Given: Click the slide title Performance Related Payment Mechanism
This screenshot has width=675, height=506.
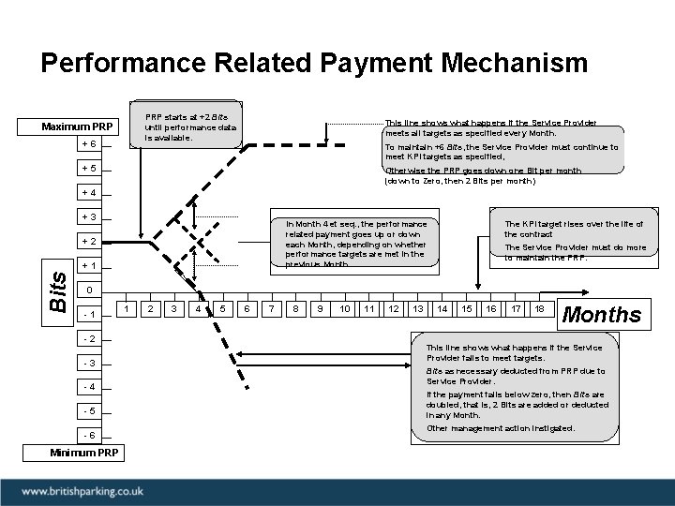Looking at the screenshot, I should (x=314, y=64).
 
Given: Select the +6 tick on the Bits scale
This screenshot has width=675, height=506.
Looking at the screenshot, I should (x=87, y=144).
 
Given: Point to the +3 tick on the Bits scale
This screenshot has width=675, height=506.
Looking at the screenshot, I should (x=87, y=217).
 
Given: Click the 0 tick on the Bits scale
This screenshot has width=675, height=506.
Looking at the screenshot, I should (x=87, y=290).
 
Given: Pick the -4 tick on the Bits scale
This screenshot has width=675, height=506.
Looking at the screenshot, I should (x=87, y=387).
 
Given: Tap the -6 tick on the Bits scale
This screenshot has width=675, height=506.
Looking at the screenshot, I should (x=87, y=435).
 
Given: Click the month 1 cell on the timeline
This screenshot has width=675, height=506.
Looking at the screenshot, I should (x=127, y=308).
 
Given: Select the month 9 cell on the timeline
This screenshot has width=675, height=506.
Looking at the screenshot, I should (x=321, y=308).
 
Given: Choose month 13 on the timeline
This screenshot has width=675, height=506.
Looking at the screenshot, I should (x=418, y=308).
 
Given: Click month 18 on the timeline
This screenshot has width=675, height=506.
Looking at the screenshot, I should (x=539, y=308).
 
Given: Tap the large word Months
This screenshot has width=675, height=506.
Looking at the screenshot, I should (x=600, y=315).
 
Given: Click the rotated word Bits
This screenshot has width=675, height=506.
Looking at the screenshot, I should (x=57, y=291).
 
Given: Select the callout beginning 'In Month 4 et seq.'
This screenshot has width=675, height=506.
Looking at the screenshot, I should (x=356, y=244).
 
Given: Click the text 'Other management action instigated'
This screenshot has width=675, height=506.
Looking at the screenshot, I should (x=501, y=428).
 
